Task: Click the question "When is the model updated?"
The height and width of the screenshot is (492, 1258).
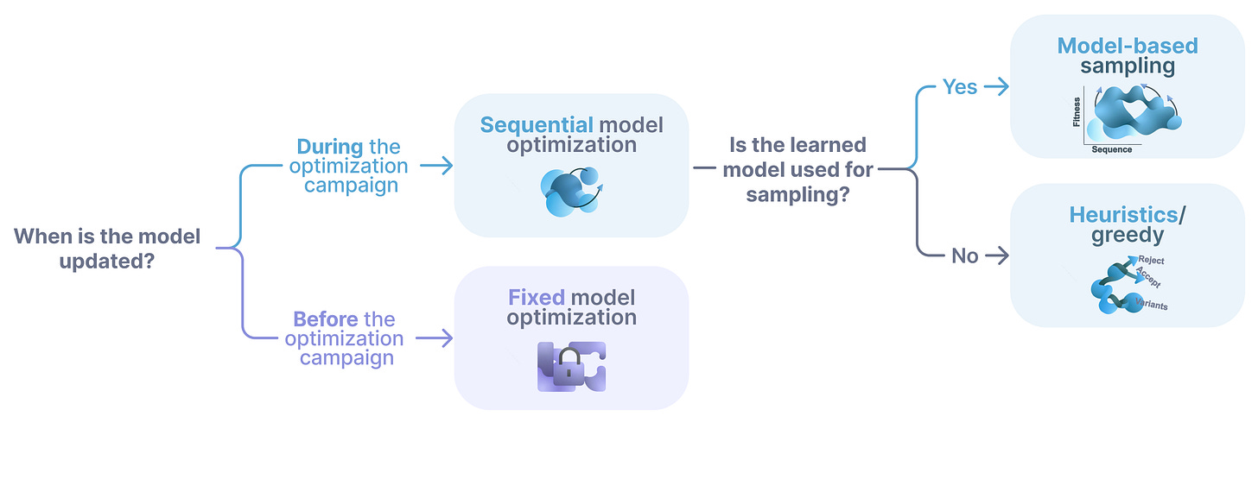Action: pos(107,248)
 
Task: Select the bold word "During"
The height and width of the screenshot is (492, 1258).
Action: pos(329,147)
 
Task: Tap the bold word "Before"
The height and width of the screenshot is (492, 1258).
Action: pos(326,319)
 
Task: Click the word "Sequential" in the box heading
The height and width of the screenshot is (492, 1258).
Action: pos(537,125)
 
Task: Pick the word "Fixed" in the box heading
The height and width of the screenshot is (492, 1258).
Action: pos(536,298)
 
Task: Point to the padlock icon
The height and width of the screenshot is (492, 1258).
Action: pos(569,366)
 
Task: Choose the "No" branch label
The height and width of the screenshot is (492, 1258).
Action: pos(964,255)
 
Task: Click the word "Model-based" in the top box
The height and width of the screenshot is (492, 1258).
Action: pos(1128,46)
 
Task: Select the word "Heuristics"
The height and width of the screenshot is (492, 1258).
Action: pos(1123,215)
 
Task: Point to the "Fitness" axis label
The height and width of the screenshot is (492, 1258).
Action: pos(1077,112)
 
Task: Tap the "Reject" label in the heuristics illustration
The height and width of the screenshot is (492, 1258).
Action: pos(1152,260)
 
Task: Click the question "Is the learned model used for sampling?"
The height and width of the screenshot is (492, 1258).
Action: pos(797,169)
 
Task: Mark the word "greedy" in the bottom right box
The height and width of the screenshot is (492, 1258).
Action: pos(1127,235)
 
